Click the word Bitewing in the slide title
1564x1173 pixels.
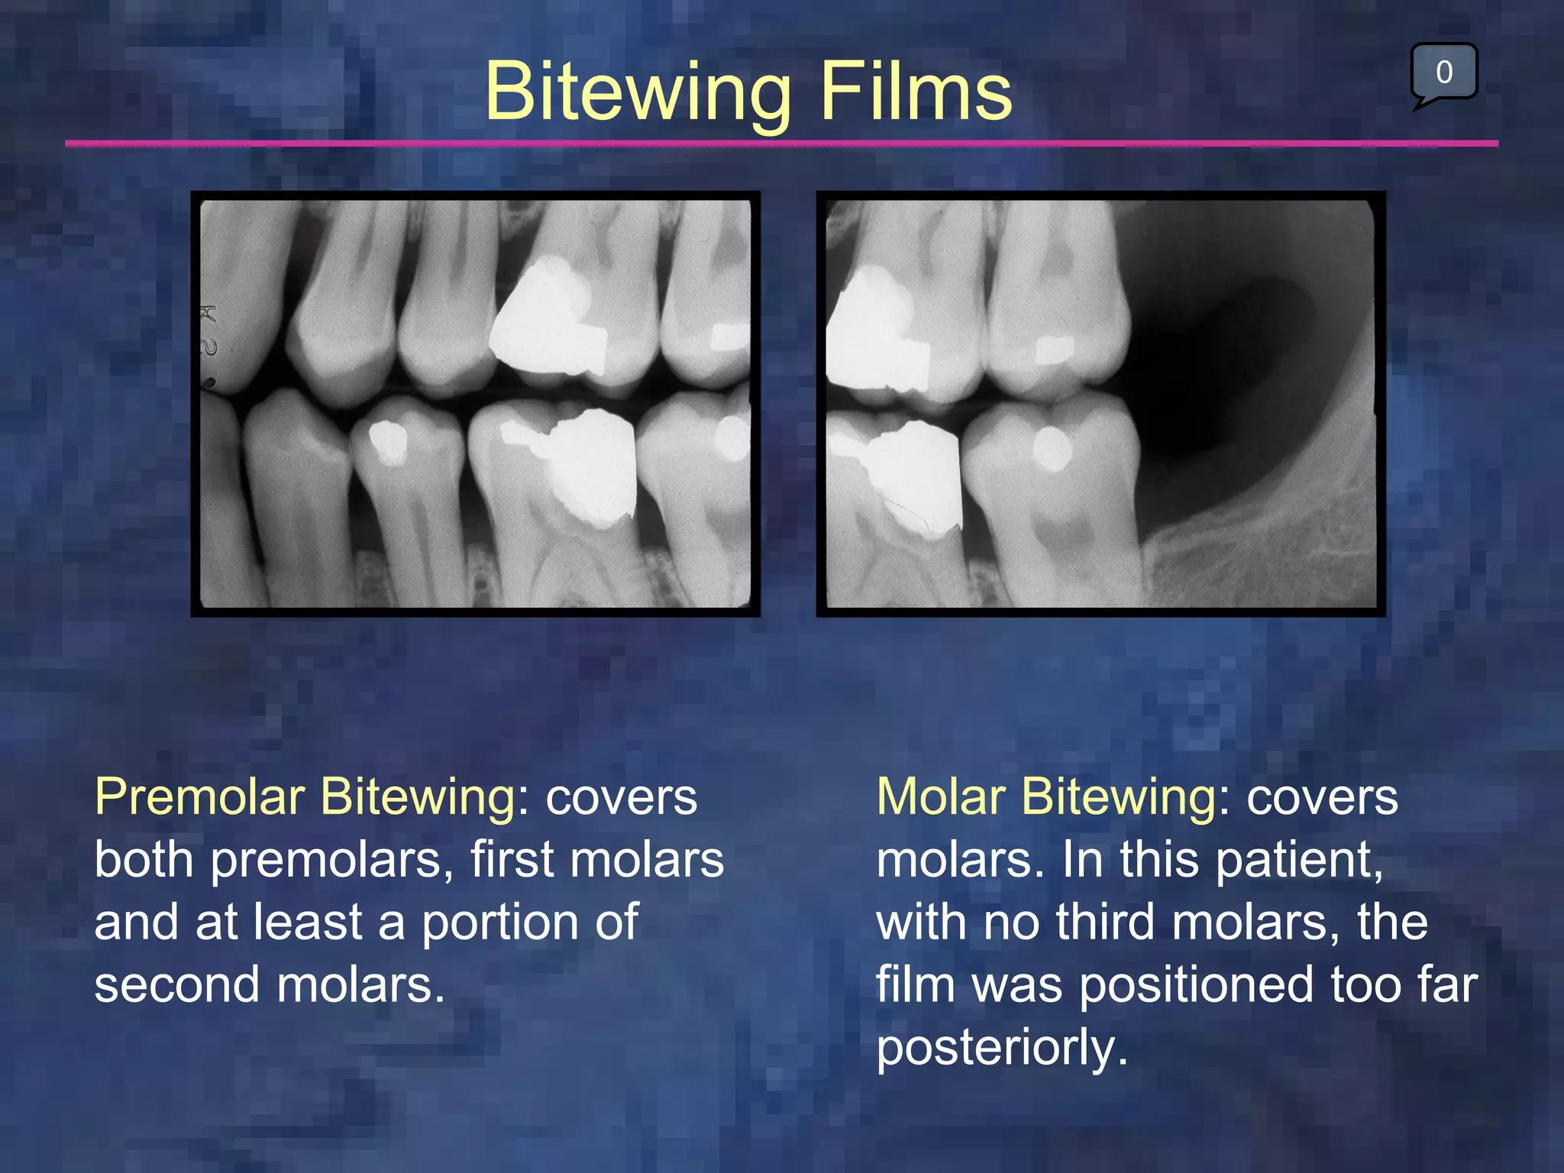pyautogui.click(x=637, y=92)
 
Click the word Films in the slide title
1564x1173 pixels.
pyautogui.click(x=916, y=92)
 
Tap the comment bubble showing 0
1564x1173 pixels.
pyautogui.click(x=1443, y=73)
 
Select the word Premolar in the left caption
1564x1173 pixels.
pyautogui.click(x=200, y=797)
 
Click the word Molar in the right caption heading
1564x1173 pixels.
pyautogui.click(x=942, y=797)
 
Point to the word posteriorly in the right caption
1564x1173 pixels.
pyautogui.click(x=1002, y=1048)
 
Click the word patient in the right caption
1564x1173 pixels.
pyautogui.click(x=1298, y=860)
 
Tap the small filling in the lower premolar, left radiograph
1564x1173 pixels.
pyautogui.click(x=389, y=442)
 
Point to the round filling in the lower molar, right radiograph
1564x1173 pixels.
pyautogui.click(x=1052, y=449)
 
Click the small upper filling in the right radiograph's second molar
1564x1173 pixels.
pyautogui.click(x=1055, y=349)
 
